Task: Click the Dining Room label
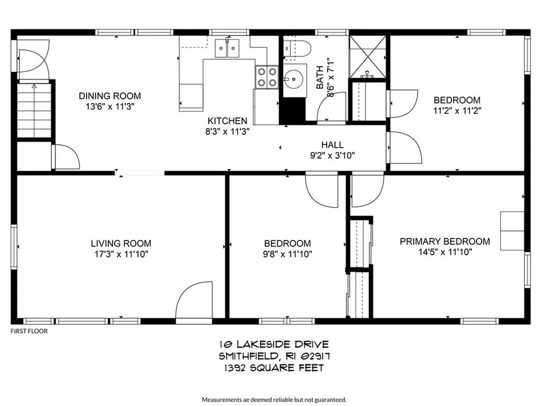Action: tap(110, 96)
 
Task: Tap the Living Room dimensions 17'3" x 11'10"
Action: tap(121, 254)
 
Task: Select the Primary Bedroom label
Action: tap(444, 242)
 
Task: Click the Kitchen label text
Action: tap(227, 121)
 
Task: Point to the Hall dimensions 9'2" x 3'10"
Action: tap(332, 155)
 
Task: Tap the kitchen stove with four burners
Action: tap(266, 77)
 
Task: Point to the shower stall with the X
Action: tap(369, 54)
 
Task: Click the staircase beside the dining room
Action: tap(34, 111)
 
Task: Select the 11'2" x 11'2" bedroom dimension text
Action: tap(456, 111)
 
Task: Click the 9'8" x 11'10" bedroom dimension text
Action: tap(287, 254)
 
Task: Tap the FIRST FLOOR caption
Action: tap(29, 331)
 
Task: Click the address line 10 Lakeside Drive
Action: tap(270, 345)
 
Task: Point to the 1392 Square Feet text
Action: tap(270, 367)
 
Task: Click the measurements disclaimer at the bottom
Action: tap(274, 399)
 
